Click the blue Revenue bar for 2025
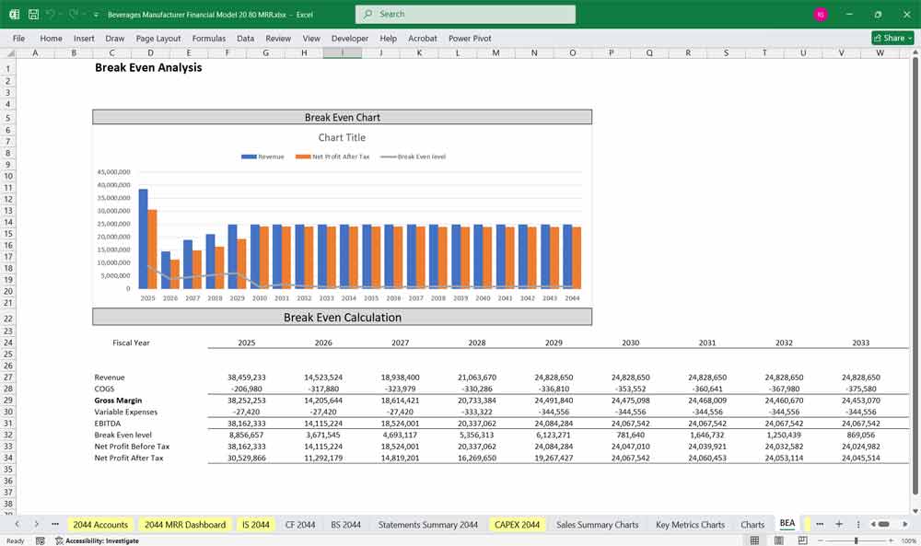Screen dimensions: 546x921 point(143,239)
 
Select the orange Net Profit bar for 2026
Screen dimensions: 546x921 point(175,273)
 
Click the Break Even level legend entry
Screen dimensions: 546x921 point(421,157)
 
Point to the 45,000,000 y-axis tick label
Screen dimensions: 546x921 point(113,172)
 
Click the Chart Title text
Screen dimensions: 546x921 point(342,138)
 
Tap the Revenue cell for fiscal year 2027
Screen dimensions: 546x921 point(400,378)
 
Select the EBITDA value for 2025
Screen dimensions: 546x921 point(246,424)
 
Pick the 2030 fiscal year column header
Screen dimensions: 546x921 point(630,343)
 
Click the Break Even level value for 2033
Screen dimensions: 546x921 point(860,435)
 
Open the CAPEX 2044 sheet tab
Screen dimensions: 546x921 point(517,524)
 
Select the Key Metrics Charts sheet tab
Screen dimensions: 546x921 point(690,524)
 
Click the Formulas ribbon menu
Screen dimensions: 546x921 point(209,39)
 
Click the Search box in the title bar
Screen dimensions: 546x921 point(465,14)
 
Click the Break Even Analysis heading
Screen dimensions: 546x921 point(148,67)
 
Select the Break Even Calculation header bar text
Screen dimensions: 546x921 point(342,318)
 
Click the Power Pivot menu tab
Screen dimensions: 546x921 point(470,39)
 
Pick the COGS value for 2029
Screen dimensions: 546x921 point(554,389)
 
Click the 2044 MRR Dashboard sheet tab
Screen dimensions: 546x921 point(185,524)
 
